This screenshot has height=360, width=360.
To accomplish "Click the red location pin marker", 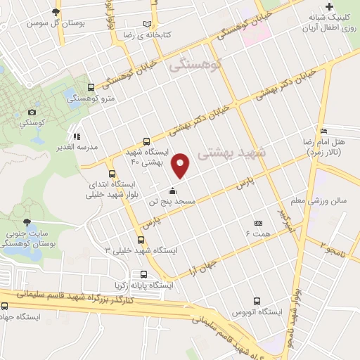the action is click(181, 165).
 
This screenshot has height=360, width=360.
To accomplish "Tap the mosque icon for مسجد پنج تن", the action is click(172, 191).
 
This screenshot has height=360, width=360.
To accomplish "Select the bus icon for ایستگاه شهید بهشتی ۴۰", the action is click(146, 141).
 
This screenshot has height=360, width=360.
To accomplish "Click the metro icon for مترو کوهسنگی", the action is click(90, 88).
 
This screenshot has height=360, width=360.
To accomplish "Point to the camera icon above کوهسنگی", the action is click(32, 112).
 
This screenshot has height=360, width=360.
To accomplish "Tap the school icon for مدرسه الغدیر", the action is click(77, 136).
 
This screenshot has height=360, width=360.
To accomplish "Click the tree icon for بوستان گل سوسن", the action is click(56, 13).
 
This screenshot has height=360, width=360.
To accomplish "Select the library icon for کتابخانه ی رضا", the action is click(147, 23).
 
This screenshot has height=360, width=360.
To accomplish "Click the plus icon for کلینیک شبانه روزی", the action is click(329, 6).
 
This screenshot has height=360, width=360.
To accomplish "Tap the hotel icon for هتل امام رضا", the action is click(323, 131).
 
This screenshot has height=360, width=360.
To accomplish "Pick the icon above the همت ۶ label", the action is click(258, 222).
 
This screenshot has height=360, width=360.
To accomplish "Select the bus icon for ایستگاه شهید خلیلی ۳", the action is click(142, 240).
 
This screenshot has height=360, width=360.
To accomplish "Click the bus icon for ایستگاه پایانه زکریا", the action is click(144, 275).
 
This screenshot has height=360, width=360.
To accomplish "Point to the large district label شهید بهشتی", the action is click(233, 153).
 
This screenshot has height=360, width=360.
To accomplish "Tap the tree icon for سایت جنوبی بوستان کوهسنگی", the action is click(27, 221).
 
